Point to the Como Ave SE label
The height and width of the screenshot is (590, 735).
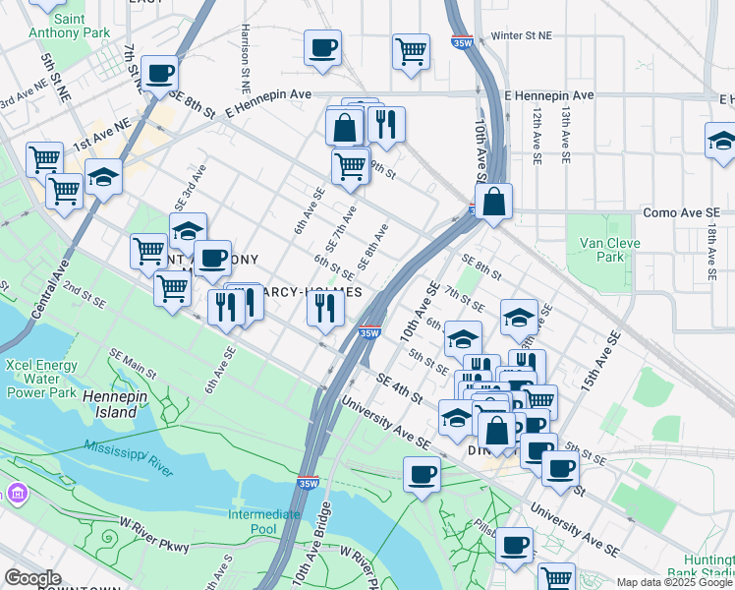point(681,212)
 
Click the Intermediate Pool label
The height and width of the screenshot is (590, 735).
point(265,522)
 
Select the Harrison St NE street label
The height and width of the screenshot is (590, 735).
point(243,50)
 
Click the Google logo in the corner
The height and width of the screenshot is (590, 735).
point(33,578)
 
